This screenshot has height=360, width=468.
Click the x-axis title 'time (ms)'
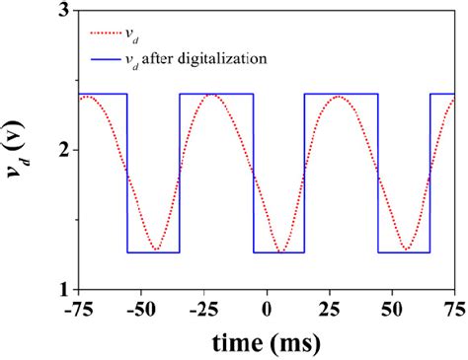point(266,341)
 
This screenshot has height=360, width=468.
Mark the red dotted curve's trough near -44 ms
point(157,250)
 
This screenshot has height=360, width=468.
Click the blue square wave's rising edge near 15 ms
point(304,173)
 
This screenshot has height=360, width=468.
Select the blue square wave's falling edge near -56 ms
point(126,173)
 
